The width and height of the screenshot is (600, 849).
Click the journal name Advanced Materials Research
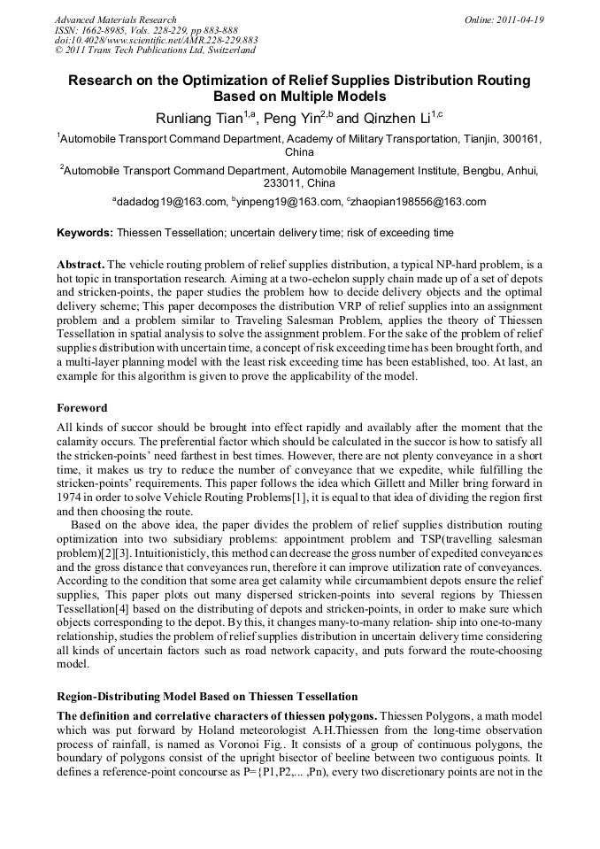(x=115, y=19)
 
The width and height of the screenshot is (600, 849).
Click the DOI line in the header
(x=156, y=41)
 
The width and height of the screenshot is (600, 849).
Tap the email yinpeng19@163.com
(x=288, y=202)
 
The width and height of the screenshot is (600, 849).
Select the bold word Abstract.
(x=81, y=265)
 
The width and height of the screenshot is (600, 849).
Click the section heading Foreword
(x=82, y=408)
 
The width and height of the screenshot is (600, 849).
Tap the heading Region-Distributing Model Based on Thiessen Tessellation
(x=207, y=697)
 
